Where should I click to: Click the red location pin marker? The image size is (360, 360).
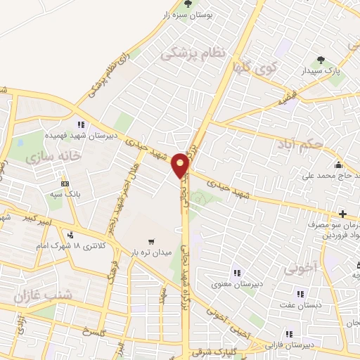pos(181,165)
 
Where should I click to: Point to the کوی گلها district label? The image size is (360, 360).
pos(255,67)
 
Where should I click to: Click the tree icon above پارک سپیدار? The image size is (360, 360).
pos(321,60)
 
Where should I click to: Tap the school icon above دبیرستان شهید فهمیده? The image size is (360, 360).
pos(82,124)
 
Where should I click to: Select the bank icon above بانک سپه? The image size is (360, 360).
pos(65,184)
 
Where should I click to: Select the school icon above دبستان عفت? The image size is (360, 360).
pos(300,294)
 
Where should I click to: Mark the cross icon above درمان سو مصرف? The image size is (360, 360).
pos(342,214)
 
